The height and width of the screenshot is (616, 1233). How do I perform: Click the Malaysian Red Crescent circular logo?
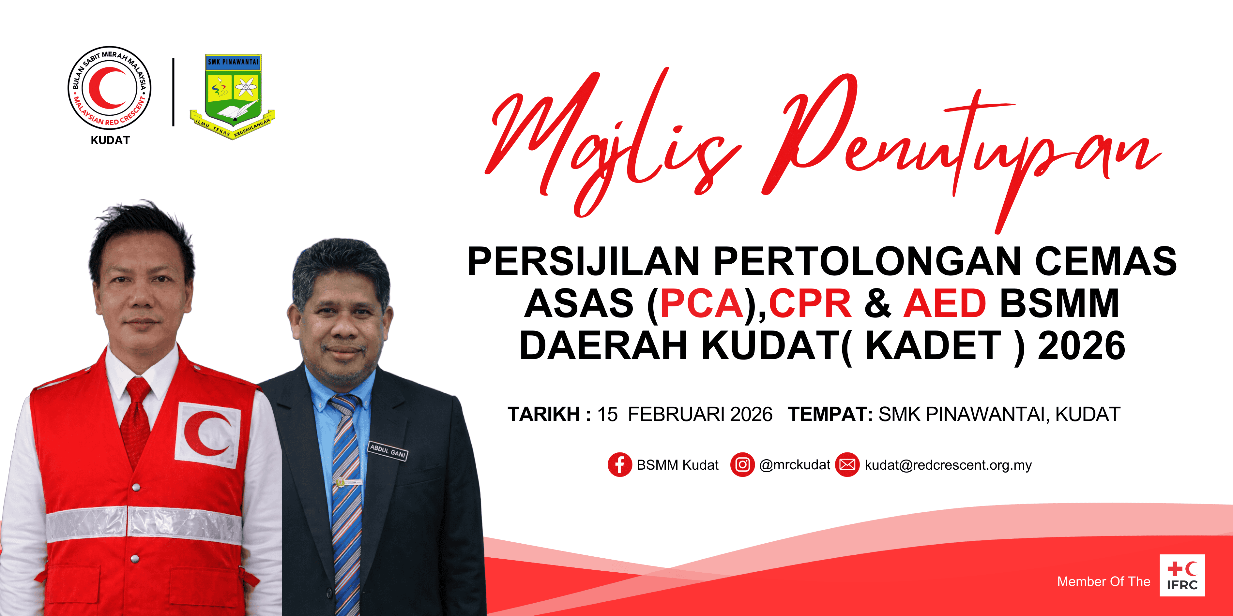tap(110, 88)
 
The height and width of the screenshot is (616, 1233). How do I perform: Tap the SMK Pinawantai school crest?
tap(233, 95)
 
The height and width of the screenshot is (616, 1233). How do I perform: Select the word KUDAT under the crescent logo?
tap(110, 140)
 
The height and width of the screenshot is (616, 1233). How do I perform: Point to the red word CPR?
tap(810, 303)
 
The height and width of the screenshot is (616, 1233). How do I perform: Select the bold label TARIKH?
tap(544, 414)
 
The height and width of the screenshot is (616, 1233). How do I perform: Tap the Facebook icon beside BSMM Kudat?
tap(620, 465)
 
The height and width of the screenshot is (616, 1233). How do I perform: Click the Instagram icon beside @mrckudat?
tap(742, 465)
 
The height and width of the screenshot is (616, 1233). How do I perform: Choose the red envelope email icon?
tap(847, 465)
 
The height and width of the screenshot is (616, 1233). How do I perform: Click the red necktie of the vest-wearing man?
tap(135, 421)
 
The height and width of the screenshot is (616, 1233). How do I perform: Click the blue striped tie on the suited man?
tap(345, 502)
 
